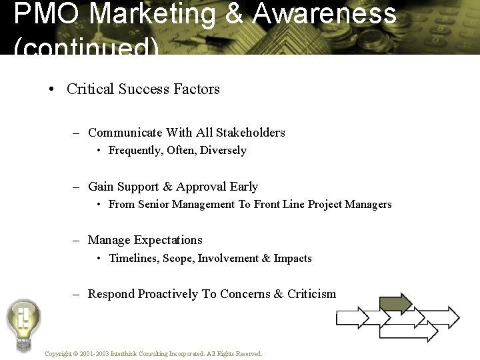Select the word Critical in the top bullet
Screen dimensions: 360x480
coord(91,89)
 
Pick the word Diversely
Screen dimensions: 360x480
coord(223,151)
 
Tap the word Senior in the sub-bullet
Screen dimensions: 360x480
coord(153,205)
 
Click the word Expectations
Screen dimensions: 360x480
coord(168,240)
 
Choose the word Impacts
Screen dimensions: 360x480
coord(293,259)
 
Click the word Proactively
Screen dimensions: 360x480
coord(168,294)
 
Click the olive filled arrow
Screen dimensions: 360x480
coord(396,304)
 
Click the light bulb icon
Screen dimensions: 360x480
coord(23,323)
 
